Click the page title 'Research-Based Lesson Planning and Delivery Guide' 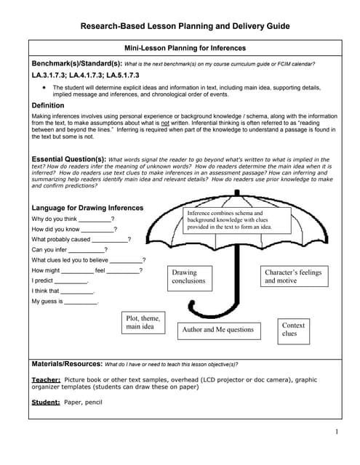click(x=185, y=26)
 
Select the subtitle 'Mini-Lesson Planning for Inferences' click(x=185, y=48)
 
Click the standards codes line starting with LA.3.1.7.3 click(x=85, y=75)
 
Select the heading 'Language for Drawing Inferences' click(x=87, y=208)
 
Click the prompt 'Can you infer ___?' click(x=69, y=249)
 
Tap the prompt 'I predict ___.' click(x=60, y=280)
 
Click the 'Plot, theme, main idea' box click(x=144, y=323)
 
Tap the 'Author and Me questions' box click(x=218, y=330)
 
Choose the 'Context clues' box click(x=293, y=330)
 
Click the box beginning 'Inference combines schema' click(x=236, y=219)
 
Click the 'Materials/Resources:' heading click(x=68, y=363)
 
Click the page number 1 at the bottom click(x=337, y=433)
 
